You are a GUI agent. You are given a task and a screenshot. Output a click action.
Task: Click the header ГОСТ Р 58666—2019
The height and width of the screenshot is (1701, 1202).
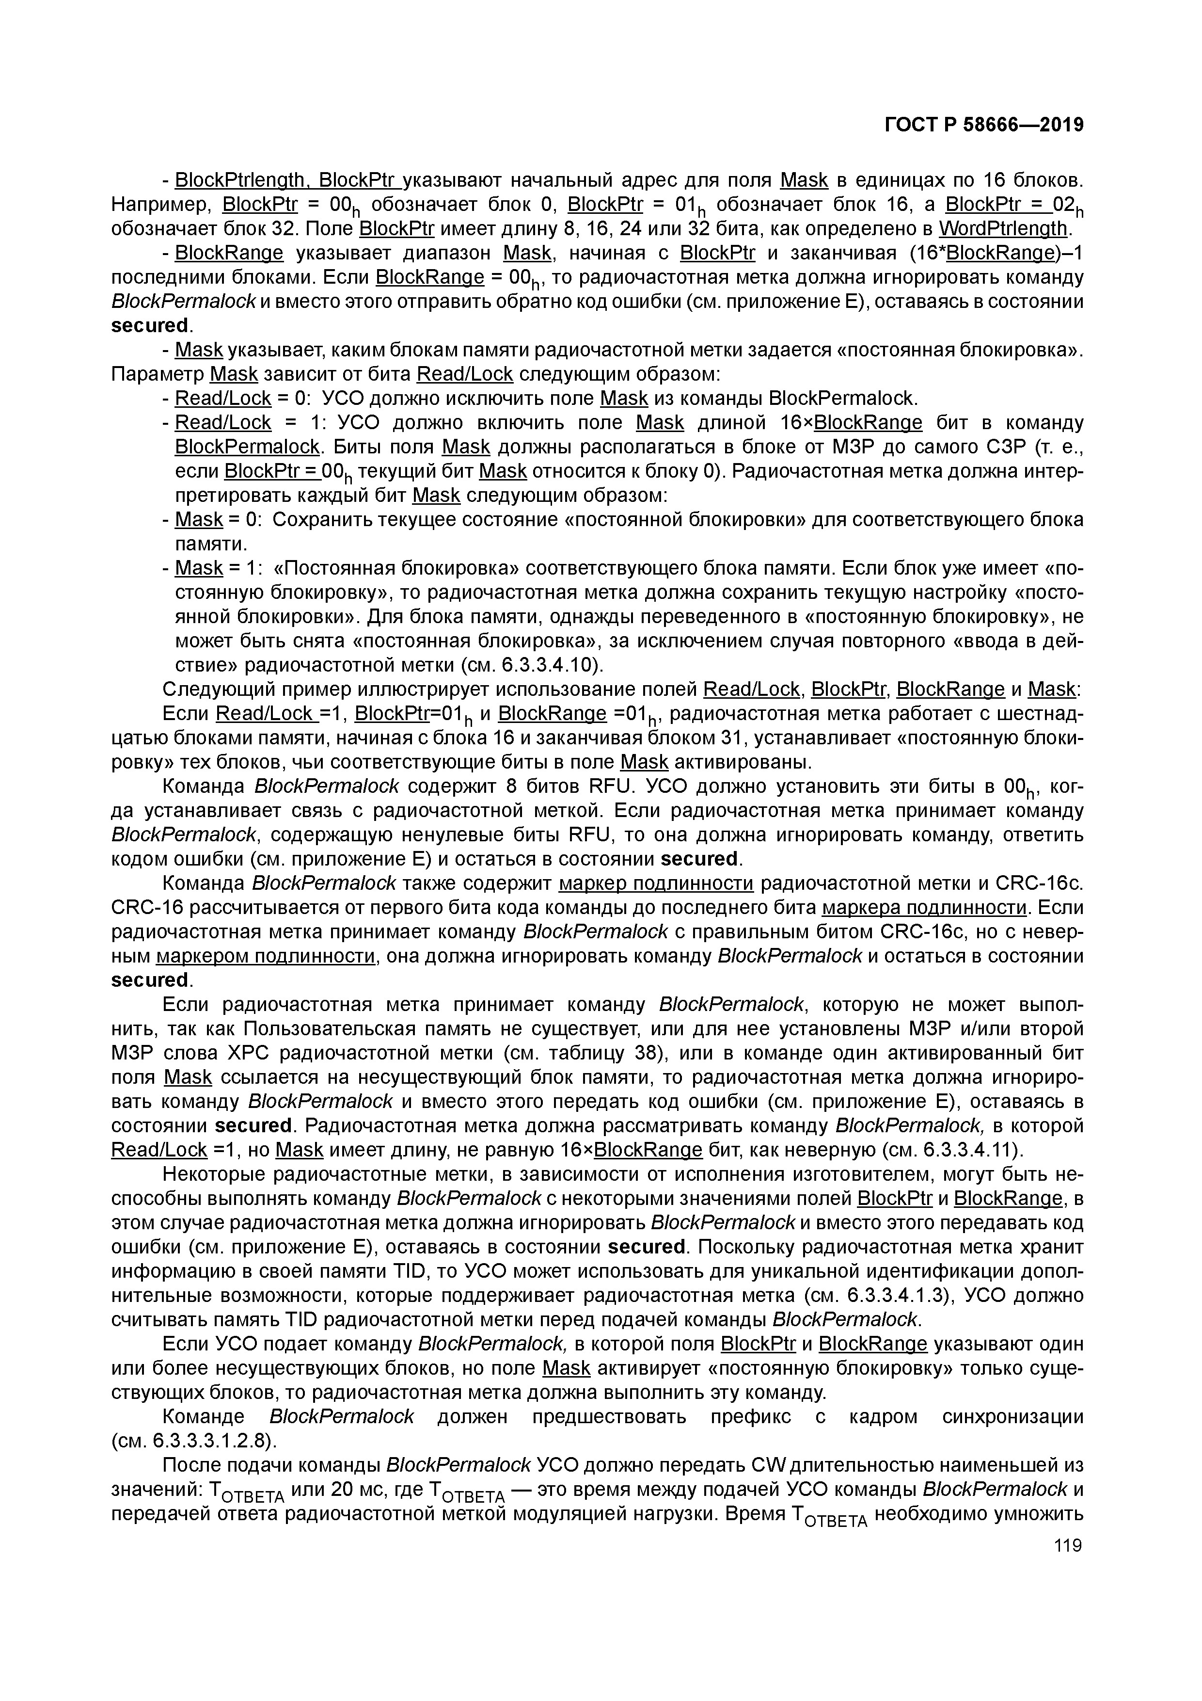click(984, 125)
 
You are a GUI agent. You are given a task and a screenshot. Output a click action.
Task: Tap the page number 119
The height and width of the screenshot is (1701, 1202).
click(1067, 1545)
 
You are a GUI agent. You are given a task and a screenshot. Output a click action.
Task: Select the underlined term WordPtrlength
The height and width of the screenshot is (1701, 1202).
click(1003, 228)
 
